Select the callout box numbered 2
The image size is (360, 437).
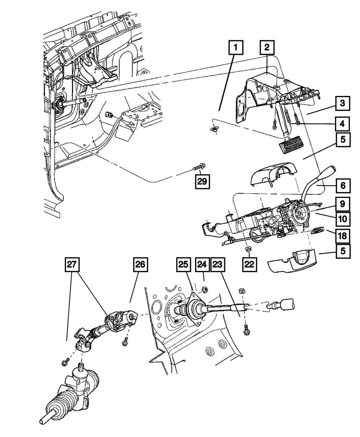coord(267,47)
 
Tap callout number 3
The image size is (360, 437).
coord(343,104)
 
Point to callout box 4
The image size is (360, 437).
coord(343,124)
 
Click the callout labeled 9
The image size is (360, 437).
coord(343,204)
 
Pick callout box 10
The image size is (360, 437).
coord(343,218)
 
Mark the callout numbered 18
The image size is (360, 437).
coord(343,236)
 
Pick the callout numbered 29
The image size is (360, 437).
coord(202,181)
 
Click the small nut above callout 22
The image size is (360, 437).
coord(248,249)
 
